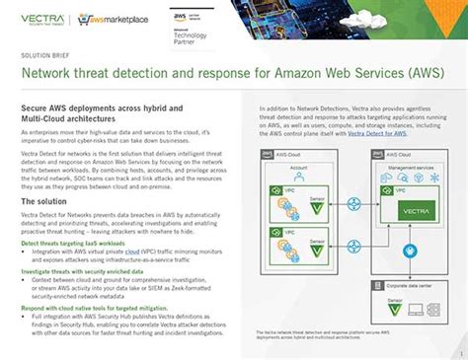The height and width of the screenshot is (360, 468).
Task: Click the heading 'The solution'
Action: [x=43, y=201]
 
